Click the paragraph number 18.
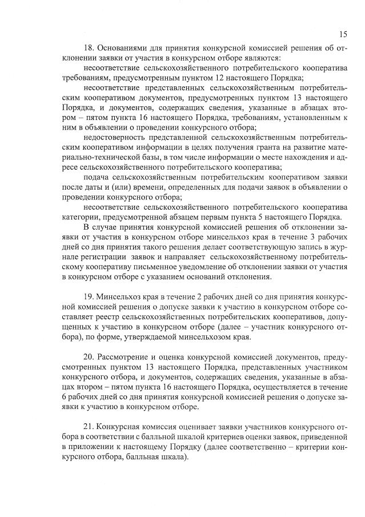[89, 49]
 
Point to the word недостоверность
[113, 137]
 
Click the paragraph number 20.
[89, 356]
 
